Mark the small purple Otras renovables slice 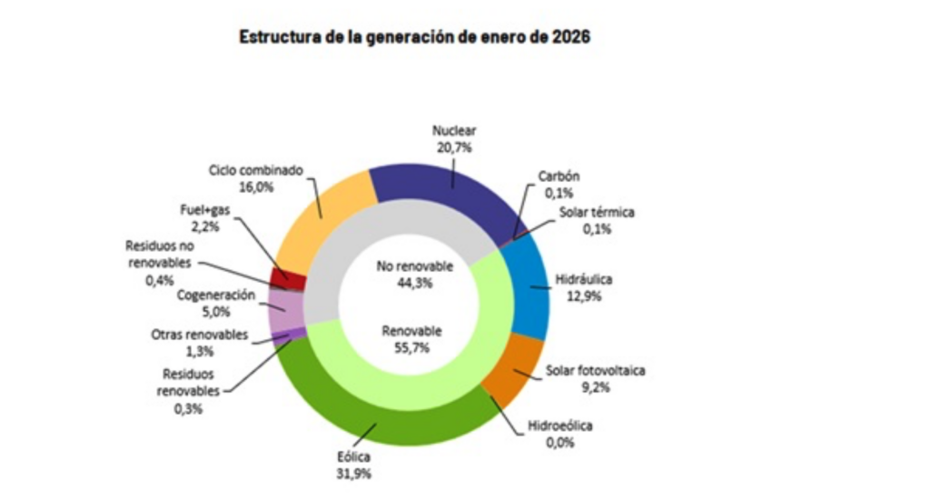pos(289,337)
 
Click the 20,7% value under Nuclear pos(453,146)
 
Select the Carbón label pos(559,176)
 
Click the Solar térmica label pos(597,213)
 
